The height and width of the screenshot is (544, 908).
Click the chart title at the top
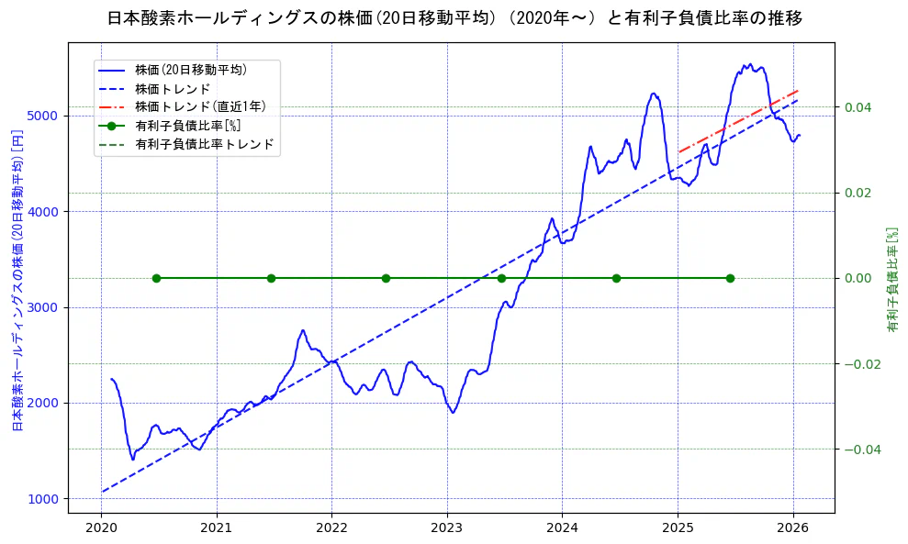[454, 18]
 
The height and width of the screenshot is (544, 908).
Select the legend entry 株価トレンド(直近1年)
[199, 106]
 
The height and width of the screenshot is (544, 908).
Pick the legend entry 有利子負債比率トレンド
[204, 144]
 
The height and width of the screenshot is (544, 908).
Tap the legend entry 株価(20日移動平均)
[190, 70]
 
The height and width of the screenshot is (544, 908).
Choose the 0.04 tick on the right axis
[858, 107]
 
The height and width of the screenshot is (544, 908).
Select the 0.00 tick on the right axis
[858, 278]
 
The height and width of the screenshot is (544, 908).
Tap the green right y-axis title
[891, 280]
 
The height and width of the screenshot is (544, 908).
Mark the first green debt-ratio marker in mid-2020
[156, 278]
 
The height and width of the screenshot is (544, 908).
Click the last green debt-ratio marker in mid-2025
[730, 278]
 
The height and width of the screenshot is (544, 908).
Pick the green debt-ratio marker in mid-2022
[386, 278]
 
